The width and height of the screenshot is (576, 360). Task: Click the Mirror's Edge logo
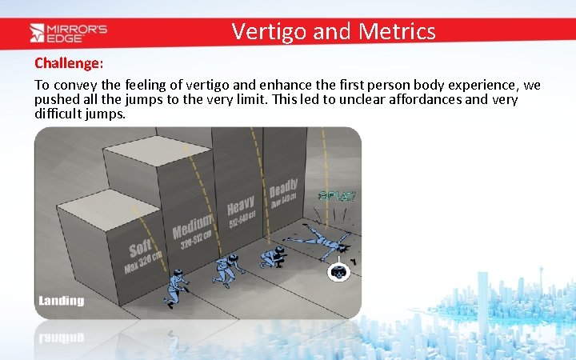click(x=68, y=32)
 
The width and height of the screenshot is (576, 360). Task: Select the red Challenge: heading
click(x=69, y=62)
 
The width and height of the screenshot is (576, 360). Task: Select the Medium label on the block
click(x=193, y=225)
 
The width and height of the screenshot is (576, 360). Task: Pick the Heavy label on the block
click(x=241, y=204)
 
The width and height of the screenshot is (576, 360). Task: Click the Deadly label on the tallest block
click(x=283, y=190)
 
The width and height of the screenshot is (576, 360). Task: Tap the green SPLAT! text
click(x=337, y=196)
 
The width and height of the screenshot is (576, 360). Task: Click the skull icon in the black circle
click(x=339, y=272)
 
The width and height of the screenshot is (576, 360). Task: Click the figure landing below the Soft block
click(x=175, y=289)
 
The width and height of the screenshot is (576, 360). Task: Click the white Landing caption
click(x=61, y=301)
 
